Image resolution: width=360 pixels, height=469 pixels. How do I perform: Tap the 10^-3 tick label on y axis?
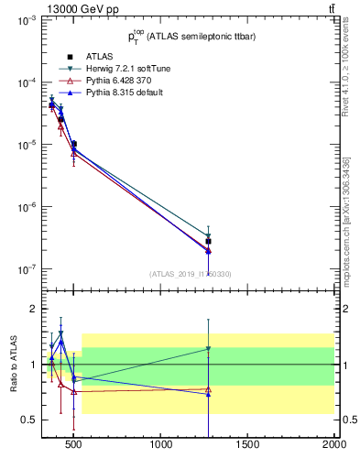click(25, 20)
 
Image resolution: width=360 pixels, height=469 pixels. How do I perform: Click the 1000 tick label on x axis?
click(162, 446)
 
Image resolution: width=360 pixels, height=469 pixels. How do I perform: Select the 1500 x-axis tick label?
click(248, 446)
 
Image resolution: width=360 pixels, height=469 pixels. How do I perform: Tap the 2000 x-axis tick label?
click(333, 446)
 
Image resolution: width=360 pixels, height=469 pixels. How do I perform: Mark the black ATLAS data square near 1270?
click(209, 242)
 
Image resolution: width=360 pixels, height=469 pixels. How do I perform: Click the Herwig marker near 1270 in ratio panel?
click(209, 349)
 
